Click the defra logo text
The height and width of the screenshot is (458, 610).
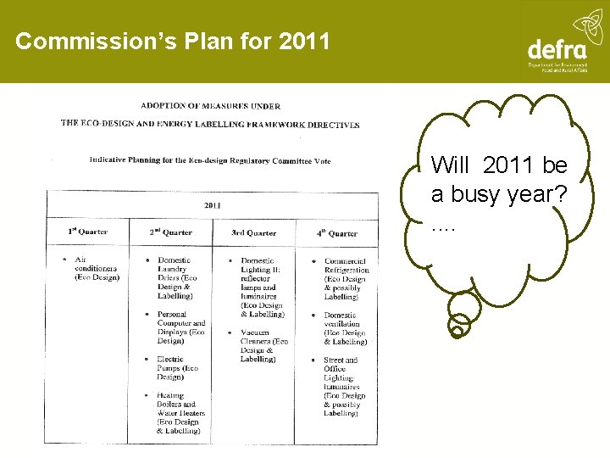(x=557, y=49)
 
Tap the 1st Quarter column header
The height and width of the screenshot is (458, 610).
(x=87, y=232)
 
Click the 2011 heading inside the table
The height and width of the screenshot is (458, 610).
(x=213, y=204)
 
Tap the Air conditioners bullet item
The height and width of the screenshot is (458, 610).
(x=96, y=268)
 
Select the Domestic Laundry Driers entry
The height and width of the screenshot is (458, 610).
(x=176, y=277)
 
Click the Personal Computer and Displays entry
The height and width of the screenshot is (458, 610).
(x=180, y=327)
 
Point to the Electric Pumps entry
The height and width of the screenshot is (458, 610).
(x=177, y=368)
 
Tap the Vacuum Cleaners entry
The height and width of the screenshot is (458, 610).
(x=263, y=345)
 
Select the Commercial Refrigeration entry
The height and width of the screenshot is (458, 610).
(x=344, y=278)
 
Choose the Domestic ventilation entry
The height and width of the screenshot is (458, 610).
(x=344, y=328)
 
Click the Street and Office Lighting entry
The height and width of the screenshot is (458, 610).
(x=344, y=386)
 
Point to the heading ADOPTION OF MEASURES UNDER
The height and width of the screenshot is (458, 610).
(x=210, y=106)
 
